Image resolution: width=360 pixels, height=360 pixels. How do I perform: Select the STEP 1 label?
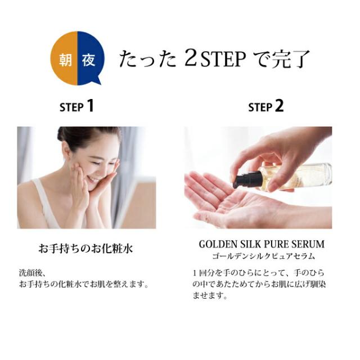(x=76, y=106)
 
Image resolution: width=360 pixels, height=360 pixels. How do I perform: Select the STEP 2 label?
(x=266, y=106)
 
